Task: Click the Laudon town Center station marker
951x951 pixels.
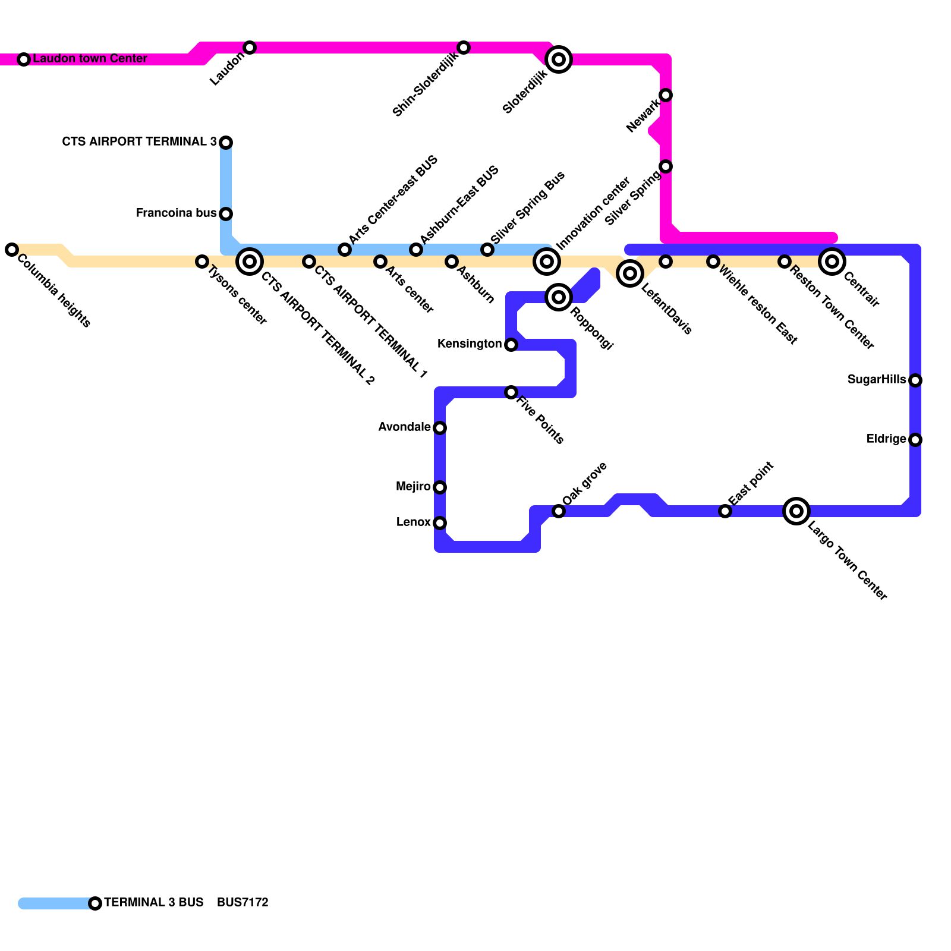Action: point(24,59)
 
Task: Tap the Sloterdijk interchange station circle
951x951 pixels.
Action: point(559,59)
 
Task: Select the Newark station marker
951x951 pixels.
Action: point(666,95)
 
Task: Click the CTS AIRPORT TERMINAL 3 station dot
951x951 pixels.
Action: point(226,143)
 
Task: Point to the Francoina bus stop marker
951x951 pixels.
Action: point(226,214)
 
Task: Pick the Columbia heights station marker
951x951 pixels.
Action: point(12,250)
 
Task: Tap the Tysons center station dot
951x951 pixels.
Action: point(202,262)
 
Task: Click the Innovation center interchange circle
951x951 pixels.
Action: point(547,262)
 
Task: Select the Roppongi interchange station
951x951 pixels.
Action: point(559,297)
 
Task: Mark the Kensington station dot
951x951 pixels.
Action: point(511,345)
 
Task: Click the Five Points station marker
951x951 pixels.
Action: point(511,392)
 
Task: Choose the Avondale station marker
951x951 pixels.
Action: point(440,428)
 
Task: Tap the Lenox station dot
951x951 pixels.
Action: point(440,523)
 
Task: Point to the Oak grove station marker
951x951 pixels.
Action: point(559,511)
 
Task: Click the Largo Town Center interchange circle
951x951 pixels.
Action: point(796,511)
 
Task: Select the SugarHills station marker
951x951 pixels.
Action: point(915,380)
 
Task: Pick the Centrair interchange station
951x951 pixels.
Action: point(832,262)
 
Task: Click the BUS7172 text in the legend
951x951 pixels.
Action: point(243,902)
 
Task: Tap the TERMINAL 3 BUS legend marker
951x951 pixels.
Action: point(95,903)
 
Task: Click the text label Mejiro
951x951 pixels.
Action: point(413,487)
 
